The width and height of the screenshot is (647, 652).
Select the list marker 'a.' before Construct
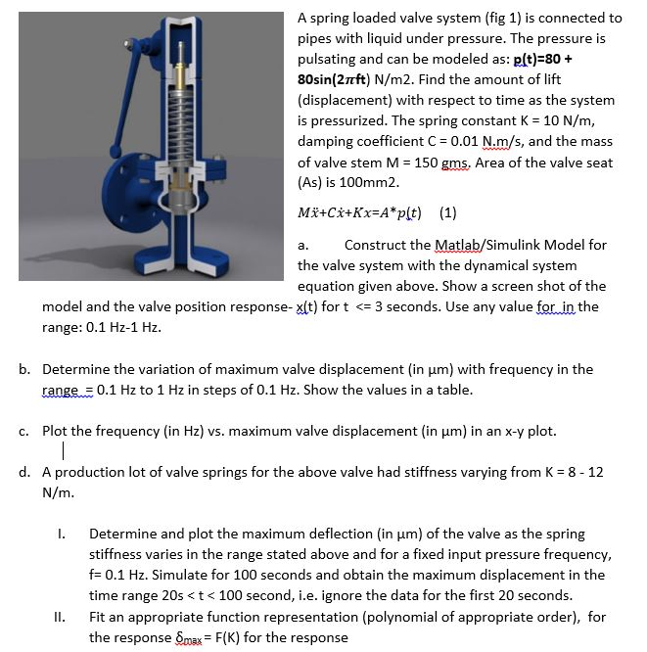(x=303, y=245)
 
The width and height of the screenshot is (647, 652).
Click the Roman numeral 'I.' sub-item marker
(x=61, y=534)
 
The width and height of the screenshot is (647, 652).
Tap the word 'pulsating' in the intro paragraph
(x=331, y=59)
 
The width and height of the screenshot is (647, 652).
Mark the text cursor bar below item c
(x=63, y=451)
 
